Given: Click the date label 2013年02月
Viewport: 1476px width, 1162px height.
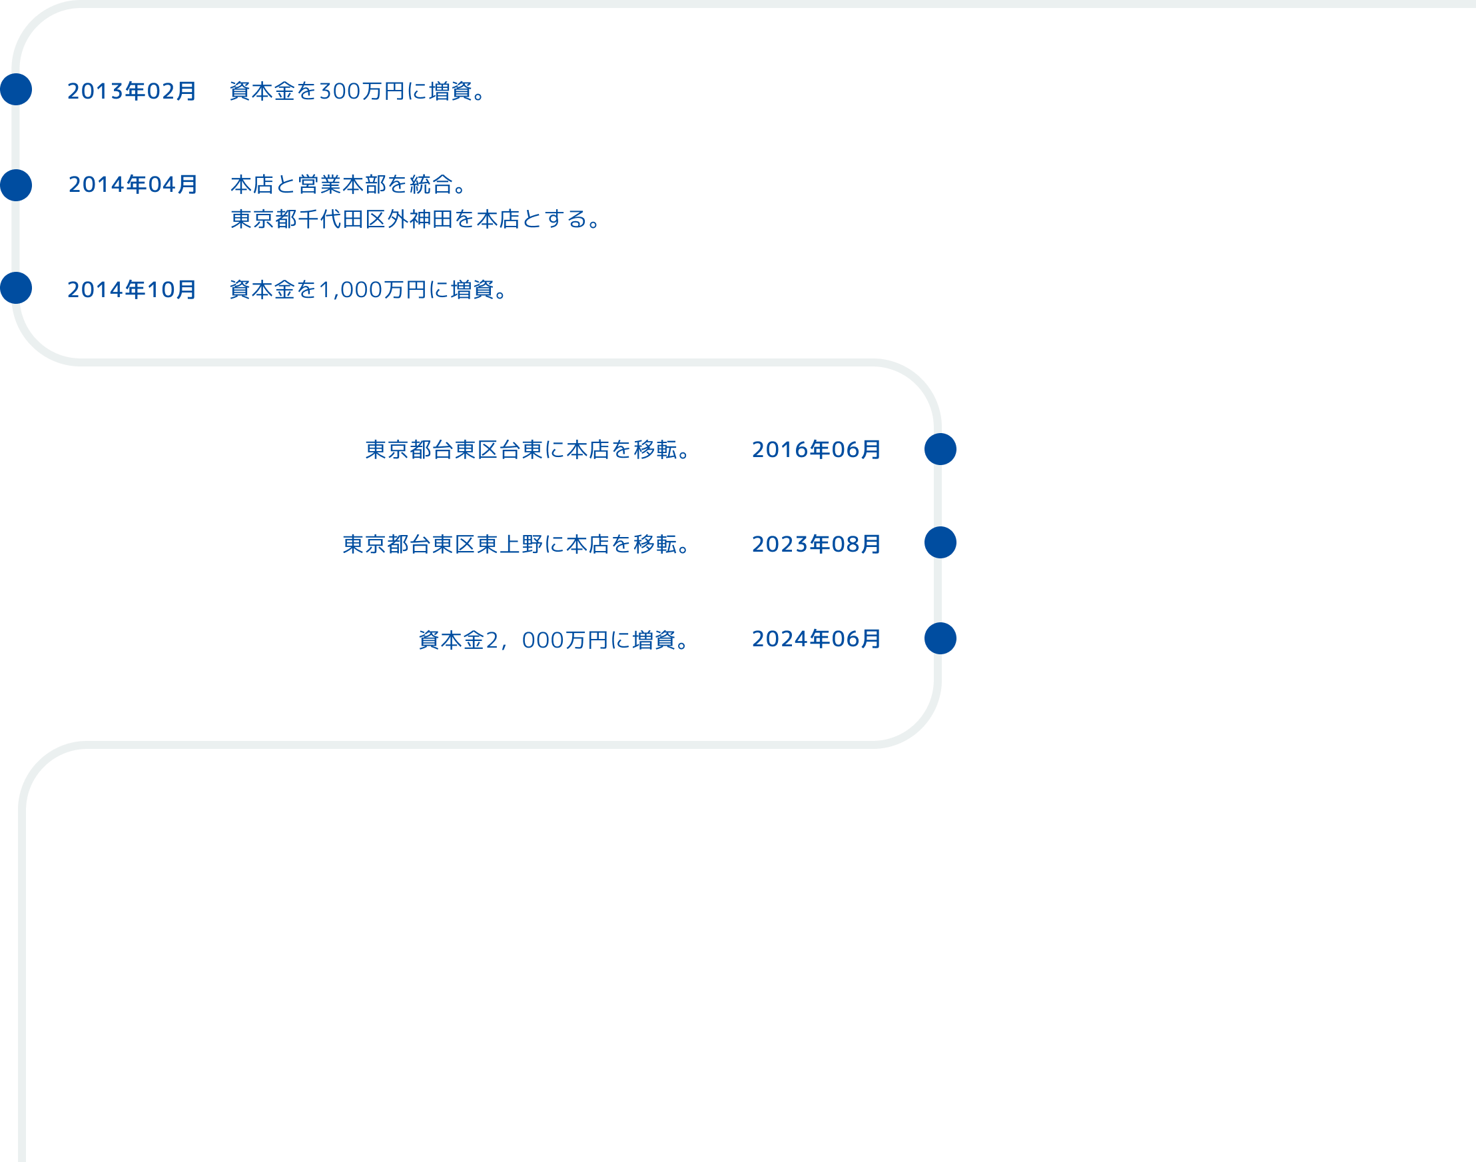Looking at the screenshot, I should click(131, 91).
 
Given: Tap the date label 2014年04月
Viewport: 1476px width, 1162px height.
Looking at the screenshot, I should click(133, 185).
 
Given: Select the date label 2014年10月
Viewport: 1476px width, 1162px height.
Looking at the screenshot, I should click(131, 290).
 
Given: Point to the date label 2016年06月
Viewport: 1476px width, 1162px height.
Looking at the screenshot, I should click(816, 450).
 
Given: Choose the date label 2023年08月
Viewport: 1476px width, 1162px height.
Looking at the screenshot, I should click(816, 544).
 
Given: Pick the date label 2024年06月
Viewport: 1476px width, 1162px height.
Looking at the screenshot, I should click(816, 639).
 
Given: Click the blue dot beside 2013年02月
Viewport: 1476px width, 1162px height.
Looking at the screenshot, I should click(15, 89).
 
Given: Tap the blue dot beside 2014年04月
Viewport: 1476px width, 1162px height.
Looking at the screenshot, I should click(15, 185).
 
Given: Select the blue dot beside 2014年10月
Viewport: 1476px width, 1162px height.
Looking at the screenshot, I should click(15, 288).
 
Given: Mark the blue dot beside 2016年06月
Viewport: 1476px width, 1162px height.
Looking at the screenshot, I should click(940, 449).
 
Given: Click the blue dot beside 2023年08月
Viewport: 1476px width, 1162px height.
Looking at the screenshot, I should click(940, 542).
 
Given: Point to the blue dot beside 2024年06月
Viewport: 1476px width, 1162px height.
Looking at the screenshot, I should click(940, 638).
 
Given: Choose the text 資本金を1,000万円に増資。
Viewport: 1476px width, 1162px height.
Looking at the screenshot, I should click(370, 290).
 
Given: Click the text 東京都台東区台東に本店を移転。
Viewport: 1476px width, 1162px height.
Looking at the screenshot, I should click(528, 450).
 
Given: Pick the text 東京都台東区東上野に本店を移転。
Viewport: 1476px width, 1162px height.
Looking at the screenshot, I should click(517, 544).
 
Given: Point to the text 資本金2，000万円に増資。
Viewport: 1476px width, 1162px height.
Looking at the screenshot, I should click(554, 640).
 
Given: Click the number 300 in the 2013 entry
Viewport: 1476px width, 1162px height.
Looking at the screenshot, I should click(340, 91).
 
